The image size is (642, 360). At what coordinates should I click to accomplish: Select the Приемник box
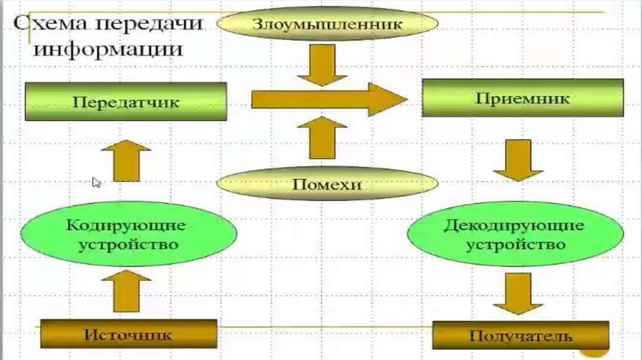point(522,98)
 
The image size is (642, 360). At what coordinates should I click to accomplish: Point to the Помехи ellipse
point(327,184)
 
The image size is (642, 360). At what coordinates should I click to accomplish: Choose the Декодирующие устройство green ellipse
point(515,234)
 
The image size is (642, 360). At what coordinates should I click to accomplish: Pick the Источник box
point(129,334)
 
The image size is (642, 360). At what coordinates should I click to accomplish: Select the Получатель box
point(520,335)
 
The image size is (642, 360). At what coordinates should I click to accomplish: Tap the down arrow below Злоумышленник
point(322,65)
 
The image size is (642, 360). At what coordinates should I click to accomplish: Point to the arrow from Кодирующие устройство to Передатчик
point(126,160)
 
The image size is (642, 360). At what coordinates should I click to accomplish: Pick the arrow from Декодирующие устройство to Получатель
point(518,294)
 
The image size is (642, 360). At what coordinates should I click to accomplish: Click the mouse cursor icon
point(97,182)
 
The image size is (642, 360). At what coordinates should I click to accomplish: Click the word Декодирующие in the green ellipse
point(515,225)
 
